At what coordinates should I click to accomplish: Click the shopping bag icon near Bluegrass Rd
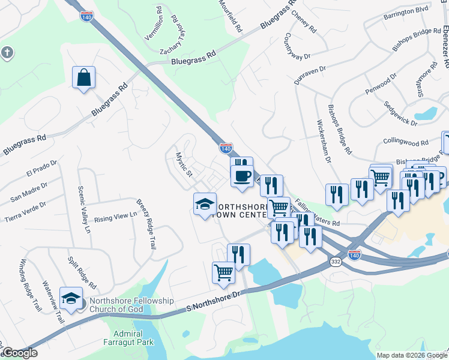(84, 78)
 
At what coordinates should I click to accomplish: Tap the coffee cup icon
(242, 176)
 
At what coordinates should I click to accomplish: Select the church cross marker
(7, 53)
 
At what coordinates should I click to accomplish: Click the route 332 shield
(336, 262)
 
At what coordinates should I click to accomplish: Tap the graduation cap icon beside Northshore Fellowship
(71, 299)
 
